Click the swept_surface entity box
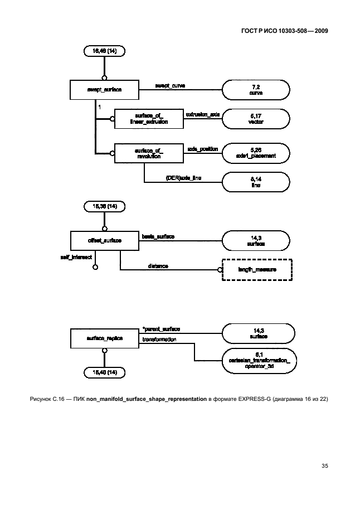pos(104,89)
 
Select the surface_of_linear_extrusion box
pos(148,118)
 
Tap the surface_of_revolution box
pos(148,153)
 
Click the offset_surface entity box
pos(104,241)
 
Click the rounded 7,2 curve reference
pos(256,89)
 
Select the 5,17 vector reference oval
pos(256,118)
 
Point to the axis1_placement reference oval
pos(256,153)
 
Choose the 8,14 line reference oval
pos(256,182)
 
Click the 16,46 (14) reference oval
pos(104,51)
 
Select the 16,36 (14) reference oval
pos(104,206)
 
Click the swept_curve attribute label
pos(170,86)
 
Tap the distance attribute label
pos(158,266)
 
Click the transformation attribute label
pos(159,339)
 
